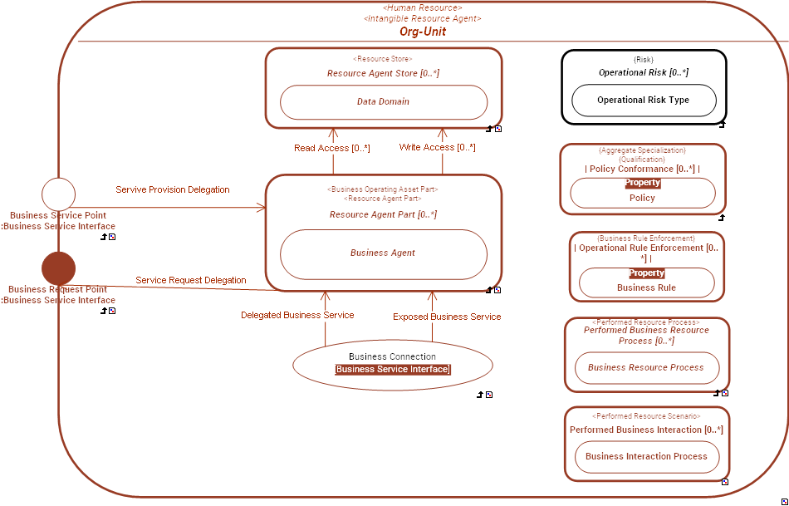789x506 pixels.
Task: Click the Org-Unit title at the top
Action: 422,32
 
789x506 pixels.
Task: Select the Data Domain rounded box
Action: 383,102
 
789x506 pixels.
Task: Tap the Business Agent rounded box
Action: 383,253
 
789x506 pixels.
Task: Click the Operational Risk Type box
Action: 644,101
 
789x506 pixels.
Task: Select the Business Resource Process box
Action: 646,367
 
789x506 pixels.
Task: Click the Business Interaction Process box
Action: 646,456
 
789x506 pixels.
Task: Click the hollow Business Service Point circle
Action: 58,194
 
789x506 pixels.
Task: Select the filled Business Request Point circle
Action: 58,268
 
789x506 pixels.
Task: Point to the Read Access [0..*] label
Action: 332,148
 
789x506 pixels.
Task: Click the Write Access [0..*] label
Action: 437,147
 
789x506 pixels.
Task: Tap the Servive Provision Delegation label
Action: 173,189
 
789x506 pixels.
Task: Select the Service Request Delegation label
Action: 191,280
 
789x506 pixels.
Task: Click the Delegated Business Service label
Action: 297,315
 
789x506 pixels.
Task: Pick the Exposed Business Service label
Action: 447,317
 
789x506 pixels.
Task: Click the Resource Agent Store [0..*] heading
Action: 383,73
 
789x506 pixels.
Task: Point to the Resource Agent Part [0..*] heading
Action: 383,214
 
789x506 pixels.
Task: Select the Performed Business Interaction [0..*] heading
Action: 646,430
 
